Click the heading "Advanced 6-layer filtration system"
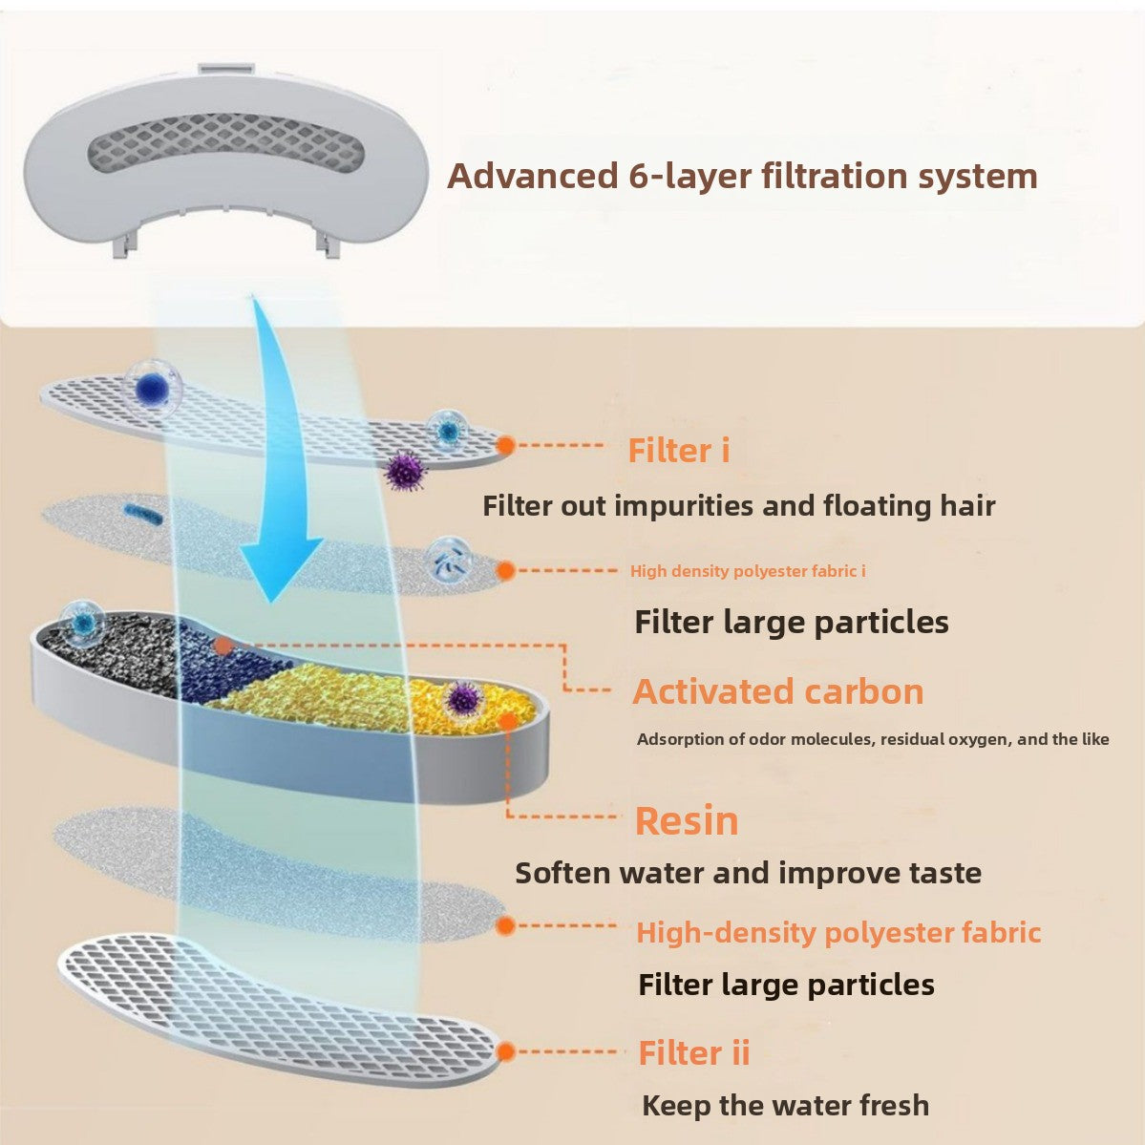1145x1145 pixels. [x=742, y=177]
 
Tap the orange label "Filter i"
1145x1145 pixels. [x=678, y=451]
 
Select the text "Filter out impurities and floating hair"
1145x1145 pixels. [x=738, y=505]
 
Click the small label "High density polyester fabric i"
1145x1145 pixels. [x=748, y=571]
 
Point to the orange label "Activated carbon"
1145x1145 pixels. [x=777, y=691]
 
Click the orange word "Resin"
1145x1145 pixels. [x=687, y=821]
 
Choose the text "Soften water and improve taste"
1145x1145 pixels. [x=748, y=873]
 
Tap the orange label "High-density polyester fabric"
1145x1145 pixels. [x=838, y=932]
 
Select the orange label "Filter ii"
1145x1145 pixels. [x=693, y=1052]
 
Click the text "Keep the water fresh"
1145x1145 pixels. [x=785, y=1105]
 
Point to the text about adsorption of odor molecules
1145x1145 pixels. [x=873, y=739]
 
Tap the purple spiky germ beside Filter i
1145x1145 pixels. [x=404, y=470]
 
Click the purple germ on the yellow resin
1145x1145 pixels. [x=462, y=697]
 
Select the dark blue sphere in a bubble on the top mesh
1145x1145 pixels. [x=151, y=388]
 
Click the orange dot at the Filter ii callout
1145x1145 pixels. [x=506, y=1051]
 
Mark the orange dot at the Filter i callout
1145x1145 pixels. [x=506, y=444]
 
